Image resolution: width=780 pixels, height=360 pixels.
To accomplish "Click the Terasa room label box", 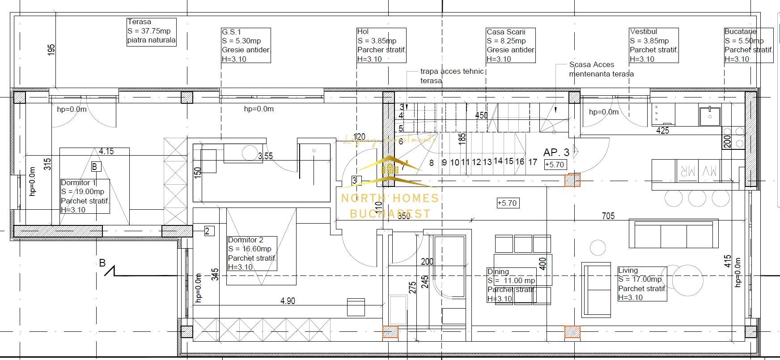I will [x=152, y=31].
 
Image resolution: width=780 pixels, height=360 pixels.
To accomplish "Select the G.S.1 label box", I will [x=246, y=45].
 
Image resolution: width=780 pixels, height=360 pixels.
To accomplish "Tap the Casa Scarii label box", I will [x=511, y=45].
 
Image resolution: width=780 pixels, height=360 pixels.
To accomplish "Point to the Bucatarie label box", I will [x=748, y=45].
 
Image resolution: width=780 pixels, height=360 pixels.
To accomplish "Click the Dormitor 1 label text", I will [x=78, y=183].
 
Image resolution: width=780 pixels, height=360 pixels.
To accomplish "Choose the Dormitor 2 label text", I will [x=246, y=240].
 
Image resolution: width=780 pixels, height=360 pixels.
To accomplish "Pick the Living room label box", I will [x=642, y=284].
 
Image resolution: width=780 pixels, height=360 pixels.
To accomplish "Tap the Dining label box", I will [x=511, y=285].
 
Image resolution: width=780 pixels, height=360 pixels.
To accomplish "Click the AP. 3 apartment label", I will [x=556, y=152].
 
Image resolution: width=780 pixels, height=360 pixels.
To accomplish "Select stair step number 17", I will [x=532, y=162].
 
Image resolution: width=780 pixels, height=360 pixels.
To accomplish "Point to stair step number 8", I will [x=431, y=163].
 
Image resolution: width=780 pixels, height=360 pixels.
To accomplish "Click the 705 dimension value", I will [x=608, y=216].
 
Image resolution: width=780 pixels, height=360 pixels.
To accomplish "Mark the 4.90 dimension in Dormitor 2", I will [x=288, y=301].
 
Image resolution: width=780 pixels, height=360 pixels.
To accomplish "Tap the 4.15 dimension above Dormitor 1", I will [x=106, y=152].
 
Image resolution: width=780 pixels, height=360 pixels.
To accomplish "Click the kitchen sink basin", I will [x=710, y=116].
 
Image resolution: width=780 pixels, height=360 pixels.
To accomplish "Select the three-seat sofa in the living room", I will [x=673, y=234].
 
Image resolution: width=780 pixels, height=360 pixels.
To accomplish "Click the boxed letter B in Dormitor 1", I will [x=95, y=167].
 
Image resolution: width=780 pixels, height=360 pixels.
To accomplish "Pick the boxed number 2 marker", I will [x=208, y=231].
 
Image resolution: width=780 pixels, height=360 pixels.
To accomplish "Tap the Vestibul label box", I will [x=654, y=45].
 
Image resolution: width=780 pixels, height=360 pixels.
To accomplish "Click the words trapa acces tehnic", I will [x=452, y=72].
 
